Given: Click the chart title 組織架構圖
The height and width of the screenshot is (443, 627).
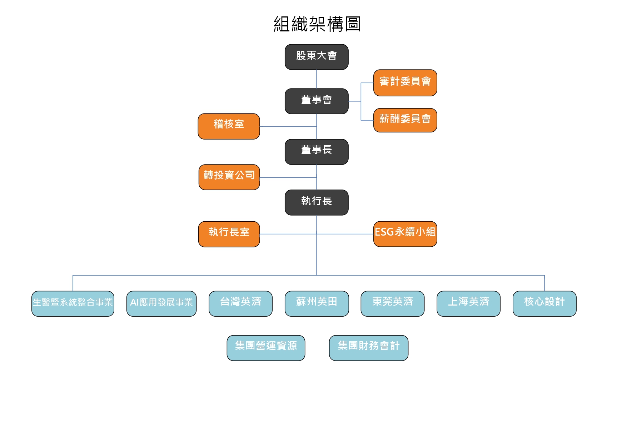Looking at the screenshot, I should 317,24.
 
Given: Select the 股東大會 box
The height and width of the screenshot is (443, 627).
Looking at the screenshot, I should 317,57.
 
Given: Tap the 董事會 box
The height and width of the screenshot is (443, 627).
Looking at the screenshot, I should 317,101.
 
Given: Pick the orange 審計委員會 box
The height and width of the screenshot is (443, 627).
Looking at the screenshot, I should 405,83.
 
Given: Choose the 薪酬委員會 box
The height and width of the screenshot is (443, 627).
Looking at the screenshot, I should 405,120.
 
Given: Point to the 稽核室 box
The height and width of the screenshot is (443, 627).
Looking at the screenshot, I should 229,126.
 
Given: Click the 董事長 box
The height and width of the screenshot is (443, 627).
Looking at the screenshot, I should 317,152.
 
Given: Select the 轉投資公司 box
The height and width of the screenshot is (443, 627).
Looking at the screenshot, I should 229,177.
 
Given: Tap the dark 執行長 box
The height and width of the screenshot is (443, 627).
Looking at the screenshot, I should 317,202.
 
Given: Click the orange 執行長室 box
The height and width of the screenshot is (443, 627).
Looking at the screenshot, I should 229,234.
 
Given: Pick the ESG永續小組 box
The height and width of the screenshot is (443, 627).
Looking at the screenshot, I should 405,234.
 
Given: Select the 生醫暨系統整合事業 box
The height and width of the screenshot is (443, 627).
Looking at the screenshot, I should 73,304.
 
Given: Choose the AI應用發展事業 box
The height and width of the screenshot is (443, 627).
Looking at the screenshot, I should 161,304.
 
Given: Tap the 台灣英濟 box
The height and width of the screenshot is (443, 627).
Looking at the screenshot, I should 240,304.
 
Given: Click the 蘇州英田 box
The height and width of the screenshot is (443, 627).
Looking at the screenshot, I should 317,304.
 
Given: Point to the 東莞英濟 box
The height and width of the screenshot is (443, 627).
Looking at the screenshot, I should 393,304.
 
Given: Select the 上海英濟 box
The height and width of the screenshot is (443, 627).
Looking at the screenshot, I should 468,304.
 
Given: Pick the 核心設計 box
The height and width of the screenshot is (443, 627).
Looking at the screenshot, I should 544,304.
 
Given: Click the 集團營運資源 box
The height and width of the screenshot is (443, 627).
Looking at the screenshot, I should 266,348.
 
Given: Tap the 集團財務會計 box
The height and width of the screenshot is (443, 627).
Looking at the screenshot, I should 369,348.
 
